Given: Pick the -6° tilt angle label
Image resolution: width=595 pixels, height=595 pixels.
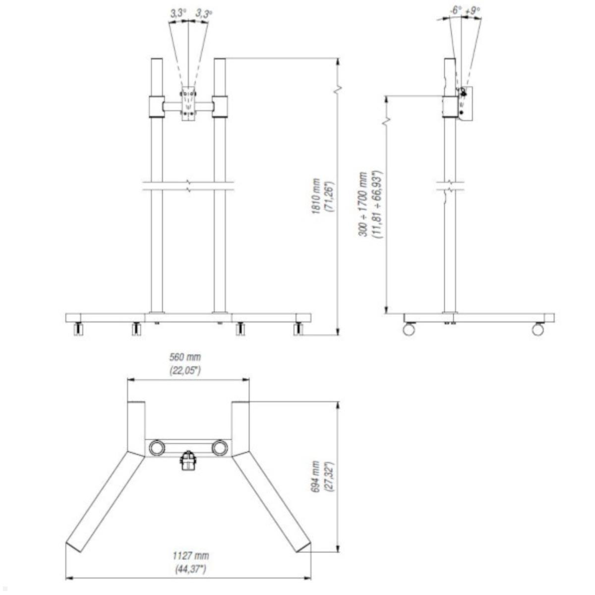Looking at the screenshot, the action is pyautogui.click(x=455, y=10).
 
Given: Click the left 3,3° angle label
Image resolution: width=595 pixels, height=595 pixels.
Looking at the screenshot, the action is pyautogui.click(x=178, y=13).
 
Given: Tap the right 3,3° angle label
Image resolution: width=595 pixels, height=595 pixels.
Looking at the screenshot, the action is pyautogui.click(x=204, y=13).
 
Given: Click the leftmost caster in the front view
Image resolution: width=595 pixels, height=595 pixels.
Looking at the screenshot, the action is pyautogui.click(x=79, y=329).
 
